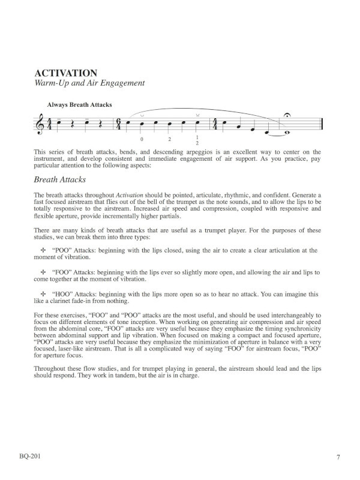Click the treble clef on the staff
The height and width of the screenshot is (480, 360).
click(40, 125)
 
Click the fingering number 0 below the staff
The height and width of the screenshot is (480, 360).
click(142, 140)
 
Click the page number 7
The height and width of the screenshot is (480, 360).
click(338, 457)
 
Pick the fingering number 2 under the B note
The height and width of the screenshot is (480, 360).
click(170, 140)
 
